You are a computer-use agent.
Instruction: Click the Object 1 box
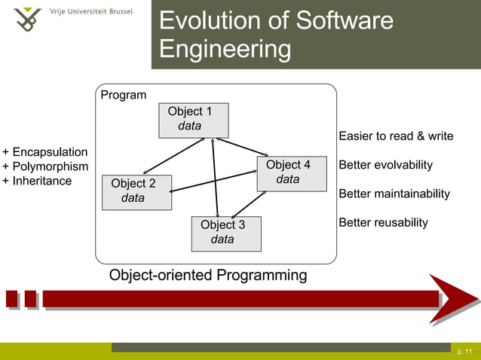pos(193,120)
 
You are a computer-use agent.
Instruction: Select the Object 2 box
pos(136,191)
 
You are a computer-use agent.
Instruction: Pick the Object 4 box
pos(292,173)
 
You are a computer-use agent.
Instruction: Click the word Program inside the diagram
pos(124,96)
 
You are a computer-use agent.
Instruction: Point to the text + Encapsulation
pos(45,152)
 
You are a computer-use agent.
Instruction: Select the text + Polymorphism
pos(45,166)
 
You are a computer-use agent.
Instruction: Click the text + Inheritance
pos(38,181)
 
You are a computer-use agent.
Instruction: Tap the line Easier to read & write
pos(396,136)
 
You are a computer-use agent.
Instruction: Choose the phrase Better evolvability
pos(385,165)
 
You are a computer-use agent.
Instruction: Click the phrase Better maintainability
pos(394,194)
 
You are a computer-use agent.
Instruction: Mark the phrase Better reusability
pos(383,222)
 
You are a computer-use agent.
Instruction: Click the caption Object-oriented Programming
pos(208,275)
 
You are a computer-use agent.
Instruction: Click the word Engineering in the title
pos(225,50)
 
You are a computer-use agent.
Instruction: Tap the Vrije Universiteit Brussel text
pos(91,13)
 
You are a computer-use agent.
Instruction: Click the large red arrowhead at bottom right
pos(452,299)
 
